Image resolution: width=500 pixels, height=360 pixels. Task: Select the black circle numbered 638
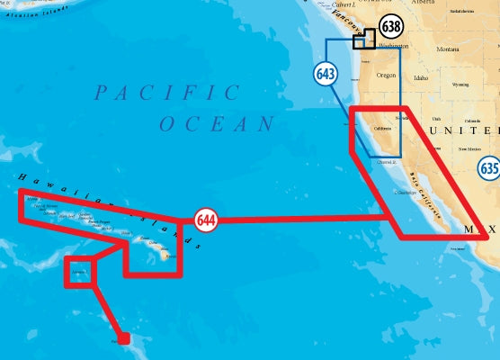391,27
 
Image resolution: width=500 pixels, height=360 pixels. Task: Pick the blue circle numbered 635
489,167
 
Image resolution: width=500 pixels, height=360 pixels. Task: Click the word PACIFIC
168,93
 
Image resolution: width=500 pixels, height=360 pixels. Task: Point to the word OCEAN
217,124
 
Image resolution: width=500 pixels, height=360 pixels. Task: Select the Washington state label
393,46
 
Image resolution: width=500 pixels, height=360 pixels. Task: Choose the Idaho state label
421,77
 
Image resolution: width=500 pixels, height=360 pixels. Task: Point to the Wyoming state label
460,85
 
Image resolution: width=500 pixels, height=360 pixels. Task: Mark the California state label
382,128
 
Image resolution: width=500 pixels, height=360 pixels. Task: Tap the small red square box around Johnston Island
79,271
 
